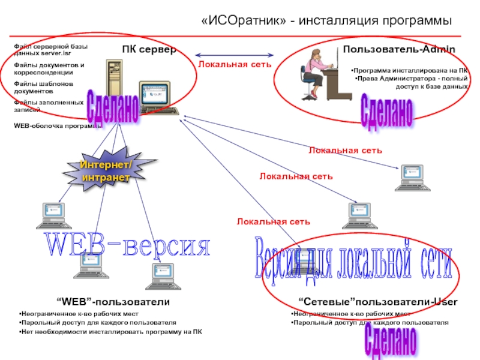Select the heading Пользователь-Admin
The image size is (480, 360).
click(x=399, y=49)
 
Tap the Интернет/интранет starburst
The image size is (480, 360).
click(x=107, y=172)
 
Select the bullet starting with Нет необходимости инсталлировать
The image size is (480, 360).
click(x=110, y=332)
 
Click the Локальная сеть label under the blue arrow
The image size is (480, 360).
click(x=235, y=63)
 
